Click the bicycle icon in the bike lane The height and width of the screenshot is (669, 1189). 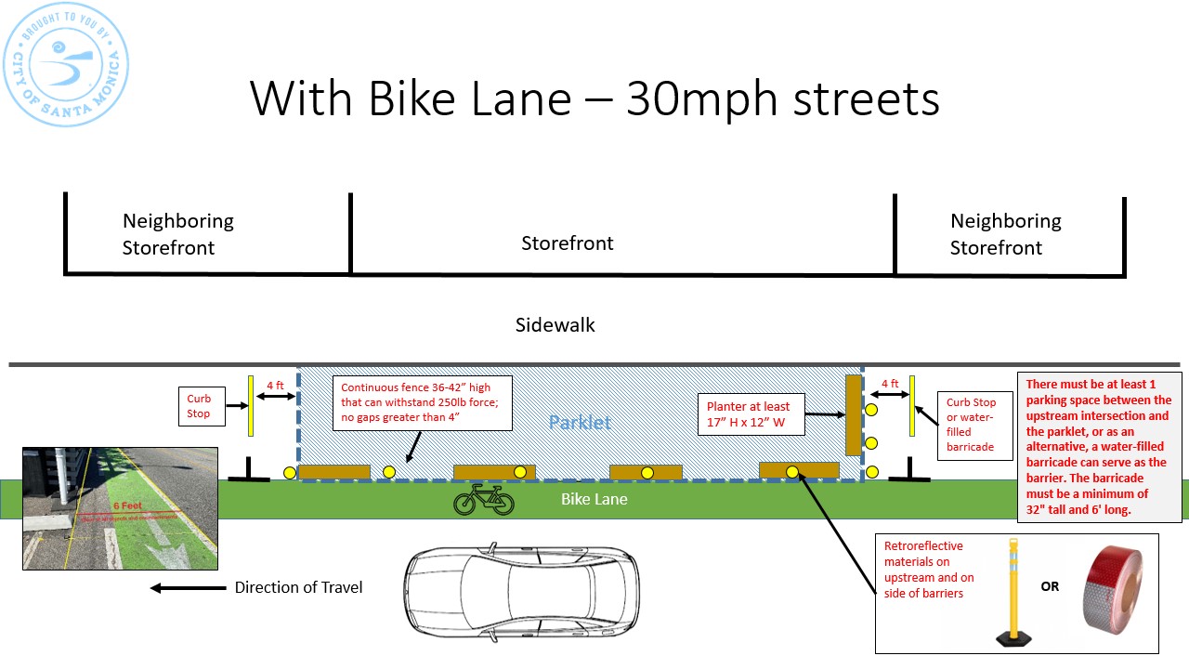pyautogui.click(x=483, y=499)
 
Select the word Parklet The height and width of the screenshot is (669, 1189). pyautogui.click(x=580, y=423)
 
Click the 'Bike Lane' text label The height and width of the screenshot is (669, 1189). pyautogui.click(x=594, y=500)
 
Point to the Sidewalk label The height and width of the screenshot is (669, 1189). pyautogui.click(x=555, y=325)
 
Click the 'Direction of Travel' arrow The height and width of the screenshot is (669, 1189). pyautogui.click(x=188, y=587)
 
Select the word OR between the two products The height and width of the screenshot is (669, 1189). pyautogui.click(x=1050, y=586)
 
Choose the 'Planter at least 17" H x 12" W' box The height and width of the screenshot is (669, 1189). pyautogui.click(x=748, y=413)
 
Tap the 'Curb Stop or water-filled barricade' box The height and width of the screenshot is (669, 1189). pyautogui.click(x=971, y=424)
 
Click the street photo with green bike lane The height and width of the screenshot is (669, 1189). pyautogui.click(x=120, y=508)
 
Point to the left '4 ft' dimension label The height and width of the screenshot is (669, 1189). pyautogui.click(x=275, y=385)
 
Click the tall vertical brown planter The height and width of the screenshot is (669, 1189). pyautogui.click(x=853, y=414)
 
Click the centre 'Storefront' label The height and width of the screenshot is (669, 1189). pyautogui.click(x=568, y=243)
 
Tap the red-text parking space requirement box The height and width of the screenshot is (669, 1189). pyautogui.click(x=1099, y=446)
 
